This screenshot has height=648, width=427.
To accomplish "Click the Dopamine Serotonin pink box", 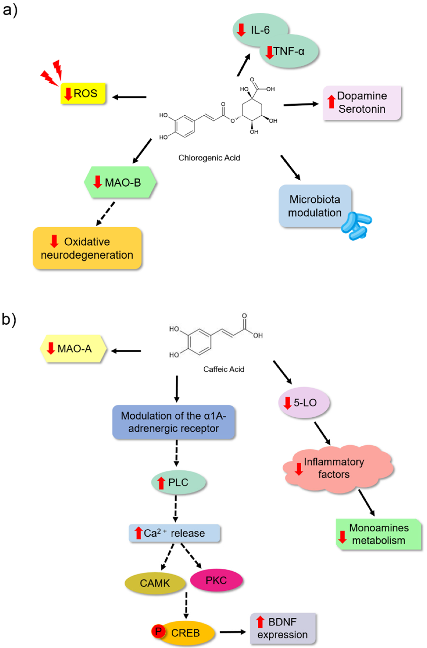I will (362, 103).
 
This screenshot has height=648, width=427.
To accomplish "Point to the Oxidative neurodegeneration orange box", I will (87, 248).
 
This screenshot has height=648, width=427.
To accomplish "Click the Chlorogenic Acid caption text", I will (209, 158).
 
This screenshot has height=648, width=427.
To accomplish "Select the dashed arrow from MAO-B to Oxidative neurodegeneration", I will (106, 214).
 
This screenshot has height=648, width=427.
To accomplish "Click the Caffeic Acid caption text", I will (224, 369).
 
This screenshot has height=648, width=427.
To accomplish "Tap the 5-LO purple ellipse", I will (304, 402).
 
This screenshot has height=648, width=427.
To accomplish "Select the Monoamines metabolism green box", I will (378, 534).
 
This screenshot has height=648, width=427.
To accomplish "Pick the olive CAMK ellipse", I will (155, 583).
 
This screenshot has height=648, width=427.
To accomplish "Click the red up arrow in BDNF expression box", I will (260, 622).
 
